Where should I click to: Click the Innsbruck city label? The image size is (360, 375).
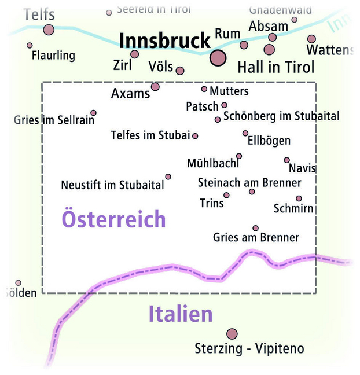[x=164, y=41]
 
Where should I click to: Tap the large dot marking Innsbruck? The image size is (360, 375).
[x=218, y=57]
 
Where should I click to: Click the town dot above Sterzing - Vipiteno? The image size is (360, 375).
[x=232, y=334]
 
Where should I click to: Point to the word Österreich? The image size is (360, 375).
[x=113, y=219]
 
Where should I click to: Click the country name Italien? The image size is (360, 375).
[x=181, y=314]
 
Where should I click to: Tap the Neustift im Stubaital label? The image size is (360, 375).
[x=112, y=186]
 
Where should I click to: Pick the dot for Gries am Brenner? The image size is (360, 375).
[x=255, y=228]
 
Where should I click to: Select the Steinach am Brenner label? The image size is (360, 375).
[x=249, y=183]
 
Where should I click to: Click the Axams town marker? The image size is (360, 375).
[x=155, y=87]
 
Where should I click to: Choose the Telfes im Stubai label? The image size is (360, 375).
[x=150, y=135]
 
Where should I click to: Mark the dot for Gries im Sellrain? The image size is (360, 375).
[x=93, y=113]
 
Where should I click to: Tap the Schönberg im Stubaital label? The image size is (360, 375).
[x=281, y=116]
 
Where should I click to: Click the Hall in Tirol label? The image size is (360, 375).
[x=276, y=67]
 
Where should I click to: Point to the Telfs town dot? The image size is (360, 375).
[x=49, y=30]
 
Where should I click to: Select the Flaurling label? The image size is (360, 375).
[x=54, y=56]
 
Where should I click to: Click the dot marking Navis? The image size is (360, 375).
[x=286, y=160]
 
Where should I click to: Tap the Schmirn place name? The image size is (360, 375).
[x=293, y=208]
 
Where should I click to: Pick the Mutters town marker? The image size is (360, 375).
[x=204, y=89]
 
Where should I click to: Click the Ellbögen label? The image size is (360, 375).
[x=269, y=141]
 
